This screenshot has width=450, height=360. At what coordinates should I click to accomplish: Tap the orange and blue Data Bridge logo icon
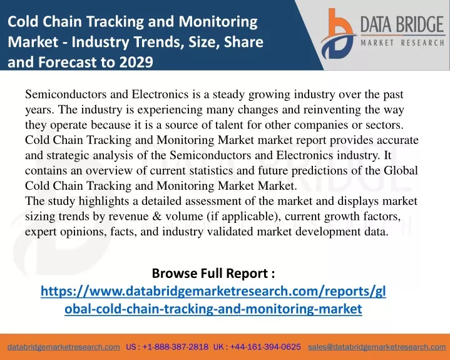(338, 34)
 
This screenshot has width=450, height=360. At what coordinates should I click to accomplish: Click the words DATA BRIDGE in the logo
(402, 24)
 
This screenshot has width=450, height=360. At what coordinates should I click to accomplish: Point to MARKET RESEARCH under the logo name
(402, 43)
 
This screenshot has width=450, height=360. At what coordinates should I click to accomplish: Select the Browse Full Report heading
(213, 273)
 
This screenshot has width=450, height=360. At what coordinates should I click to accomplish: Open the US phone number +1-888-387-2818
(175, 347)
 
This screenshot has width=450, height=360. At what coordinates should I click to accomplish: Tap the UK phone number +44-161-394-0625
(265, 347)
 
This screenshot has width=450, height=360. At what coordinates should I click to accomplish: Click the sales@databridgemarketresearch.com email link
(377, 347)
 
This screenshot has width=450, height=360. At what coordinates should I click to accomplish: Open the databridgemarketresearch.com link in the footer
(64, 347)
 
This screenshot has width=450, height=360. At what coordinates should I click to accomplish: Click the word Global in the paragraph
(401, 170)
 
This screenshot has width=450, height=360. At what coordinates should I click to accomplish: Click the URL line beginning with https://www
(213, 291)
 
